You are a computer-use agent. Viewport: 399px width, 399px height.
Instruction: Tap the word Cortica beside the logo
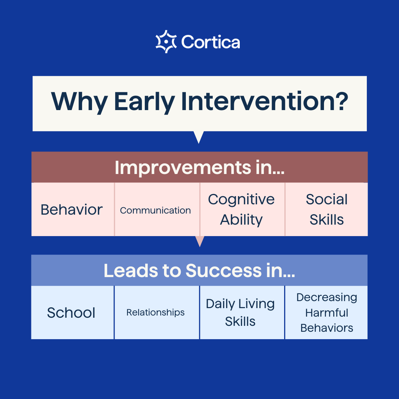pos(211,42)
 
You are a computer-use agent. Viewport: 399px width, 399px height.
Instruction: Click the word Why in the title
pos(78,101)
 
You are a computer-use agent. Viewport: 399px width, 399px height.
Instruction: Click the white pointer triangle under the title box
pos(199,136)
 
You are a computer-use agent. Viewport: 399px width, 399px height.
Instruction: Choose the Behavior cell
pos(72,210)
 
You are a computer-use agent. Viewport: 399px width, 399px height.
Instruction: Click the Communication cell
pos(156,211)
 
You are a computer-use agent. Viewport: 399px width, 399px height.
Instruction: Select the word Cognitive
pos(241,199)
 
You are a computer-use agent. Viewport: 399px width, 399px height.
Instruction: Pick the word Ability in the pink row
pos(241,220)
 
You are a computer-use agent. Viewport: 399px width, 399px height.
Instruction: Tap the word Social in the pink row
pos(327,199)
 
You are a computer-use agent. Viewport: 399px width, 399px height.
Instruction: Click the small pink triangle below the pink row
pos(199,241)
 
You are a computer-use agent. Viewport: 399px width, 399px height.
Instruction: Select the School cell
pos(71,313)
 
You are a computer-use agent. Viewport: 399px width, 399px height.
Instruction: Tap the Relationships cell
pos(156,313)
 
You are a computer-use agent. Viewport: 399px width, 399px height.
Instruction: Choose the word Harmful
pos(327,313)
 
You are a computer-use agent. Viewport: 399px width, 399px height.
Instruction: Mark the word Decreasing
pos(327,297)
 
